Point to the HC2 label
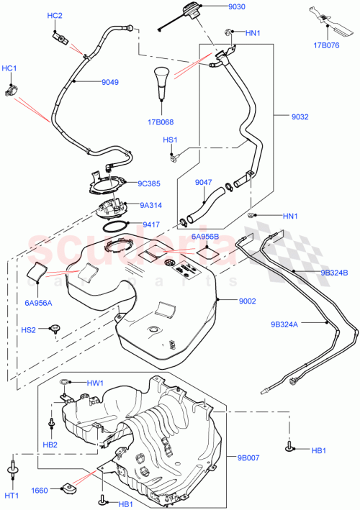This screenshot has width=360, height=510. [x=55, y=15]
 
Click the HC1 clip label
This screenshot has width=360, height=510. [x=10, y=68]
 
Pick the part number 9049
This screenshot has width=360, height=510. [x=109, y=82]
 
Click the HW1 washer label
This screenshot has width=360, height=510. [x=95, y=383]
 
